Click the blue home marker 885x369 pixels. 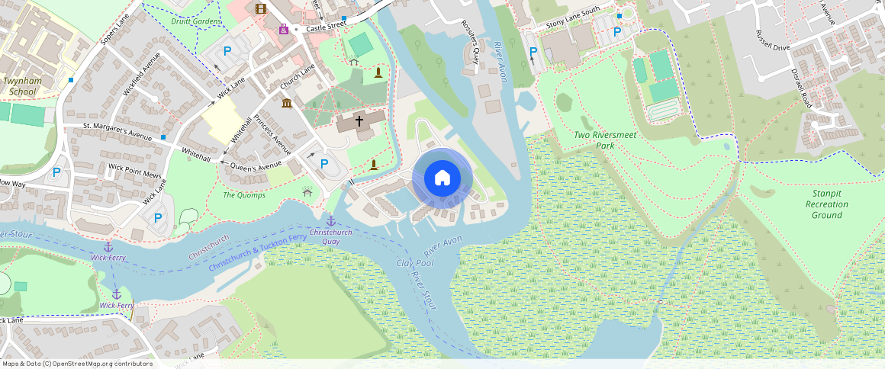pyautogui.click(x=443, y=178)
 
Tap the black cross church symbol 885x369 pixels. pyautogui.click(x=359, y=121)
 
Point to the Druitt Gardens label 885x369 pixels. pyautogui.click(x=196, y=21)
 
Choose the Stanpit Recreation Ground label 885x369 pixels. pyautogui.click(x=827, y=204)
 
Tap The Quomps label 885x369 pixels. pyautogui.click(x=244, y=195)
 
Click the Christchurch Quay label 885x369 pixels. pyautogui.click(x=330, y=236)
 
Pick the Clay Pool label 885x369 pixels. pyautogui.click(x=415, y=263)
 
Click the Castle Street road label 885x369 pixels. pyautogui.click(x=327, y=27)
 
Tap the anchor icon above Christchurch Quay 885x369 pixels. pyautogui.click(x=330, y=221)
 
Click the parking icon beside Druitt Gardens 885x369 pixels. pyautogui.click(x=227, y=51)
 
